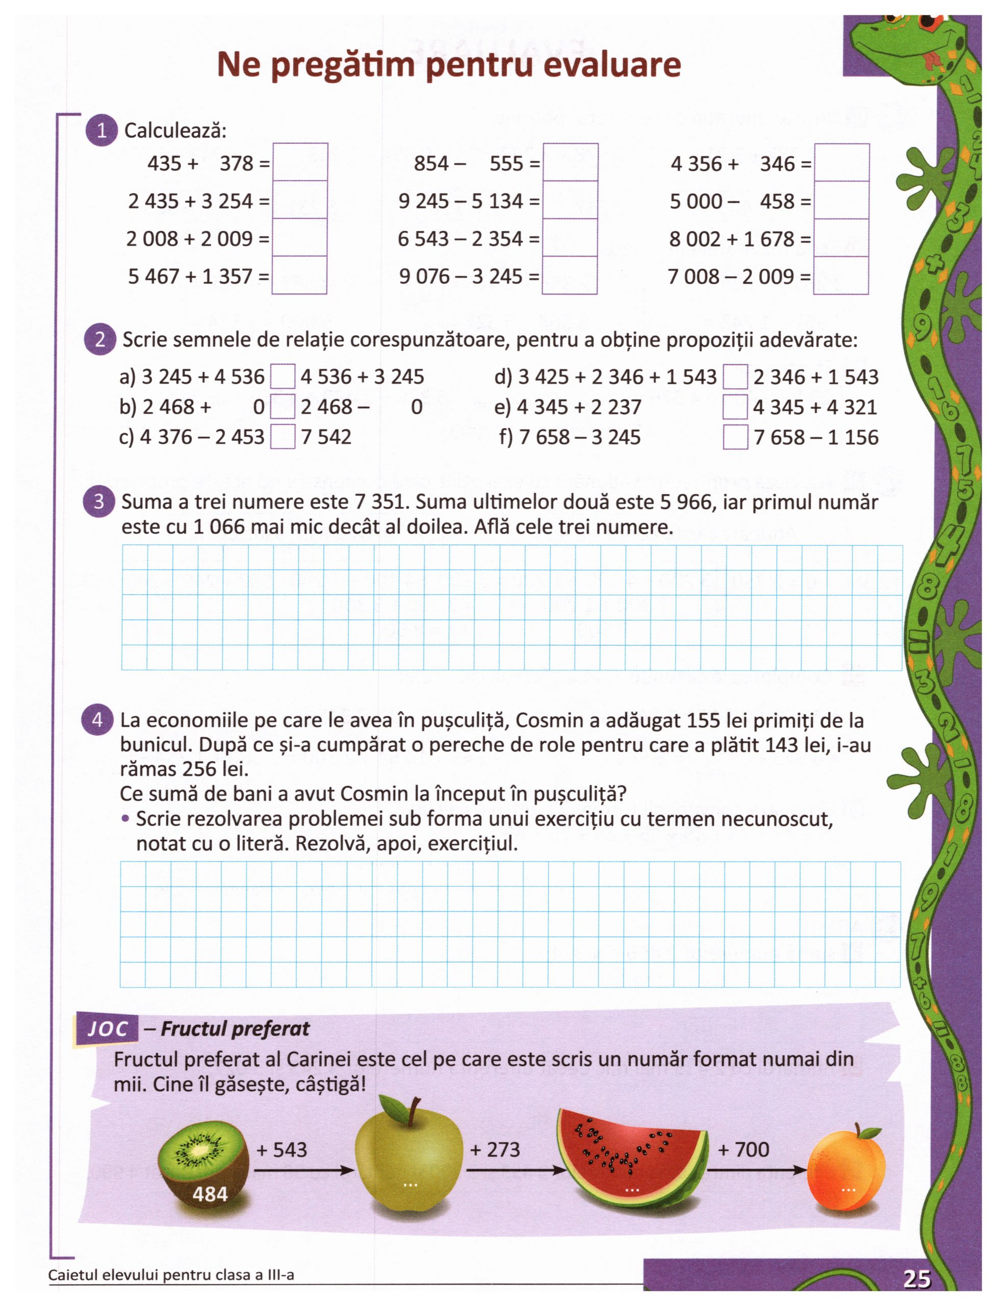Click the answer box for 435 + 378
point(300,162)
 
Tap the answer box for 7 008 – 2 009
point(841,276)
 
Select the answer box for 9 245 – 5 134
point(570,200)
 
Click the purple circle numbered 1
point(101,131)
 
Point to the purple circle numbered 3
point(98,501)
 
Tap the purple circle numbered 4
point(97,720)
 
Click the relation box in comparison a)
point(283,377)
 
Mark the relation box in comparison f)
point(735,438)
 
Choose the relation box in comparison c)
point(283,438)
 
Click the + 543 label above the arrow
point(282,1150)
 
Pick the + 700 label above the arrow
point(744,1149)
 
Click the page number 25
point(917,1278)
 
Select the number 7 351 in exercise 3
point(382,502)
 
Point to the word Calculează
point(175,131)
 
